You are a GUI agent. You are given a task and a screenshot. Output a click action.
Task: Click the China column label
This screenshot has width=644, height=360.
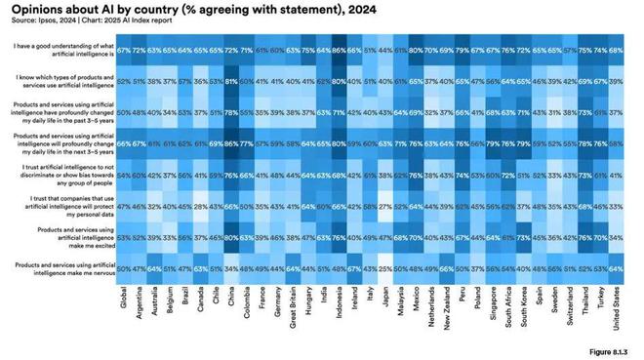[230, 303]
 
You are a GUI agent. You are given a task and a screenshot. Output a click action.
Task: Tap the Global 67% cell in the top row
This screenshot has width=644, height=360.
[125, 48]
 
